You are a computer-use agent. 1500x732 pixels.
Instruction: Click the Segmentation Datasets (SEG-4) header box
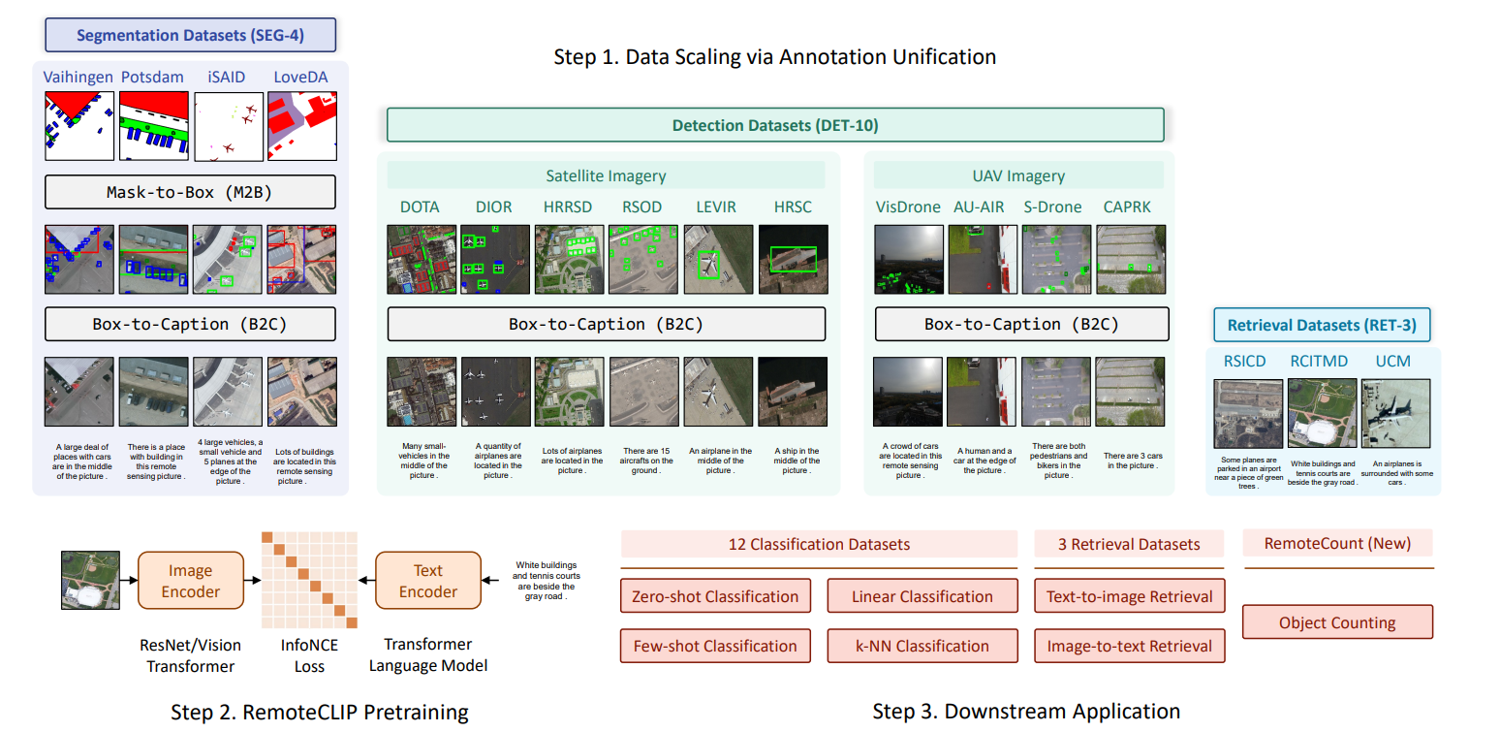[x=190, y=36]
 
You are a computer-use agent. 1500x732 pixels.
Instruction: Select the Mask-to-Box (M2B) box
[x=190, y=192]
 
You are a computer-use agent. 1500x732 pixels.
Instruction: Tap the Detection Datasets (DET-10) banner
[x=775, y=125]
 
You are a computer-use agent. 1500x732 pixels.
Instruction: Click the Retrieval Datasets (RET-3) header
[x=1322, y=326]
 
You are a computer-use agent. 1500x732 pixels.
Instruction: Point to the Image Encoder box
[x=191, y=581]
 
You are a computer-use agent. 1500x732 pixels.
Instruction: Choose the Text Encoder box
[x=428, y=581]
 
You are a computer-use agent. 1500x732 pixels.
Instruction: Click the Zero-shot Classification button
[x=715, y=596]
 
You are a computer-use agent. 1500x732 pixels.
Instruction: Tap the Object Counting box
[x=1337, y=622]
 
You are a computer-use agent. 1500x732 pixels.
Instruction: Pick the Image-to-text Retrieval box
[x=1129, y=646]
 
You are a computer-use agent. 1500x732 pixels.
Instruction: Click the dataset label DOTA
[x=420, y=207]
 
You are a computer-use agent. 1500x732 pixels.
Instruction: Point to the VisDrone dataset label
[x=908, y=207]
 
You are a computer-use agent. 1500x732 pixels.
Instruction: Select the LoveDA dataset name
[x=300, y=77]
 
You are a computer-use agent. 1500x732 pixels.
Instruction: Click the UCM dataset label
[x=1393, y=361]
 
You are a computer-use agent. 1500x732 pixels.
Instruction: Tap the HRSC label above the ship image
[x=793, y=207]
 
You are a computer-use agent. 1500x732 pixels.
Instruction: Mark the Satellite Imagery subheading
[x=605, y=175]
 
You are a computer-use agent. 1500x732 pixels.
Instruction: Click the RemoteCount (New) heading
[x=1337, y=544]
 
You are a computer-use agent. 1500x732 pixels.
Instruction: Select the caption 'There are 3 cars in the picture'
[x=1133, y=461]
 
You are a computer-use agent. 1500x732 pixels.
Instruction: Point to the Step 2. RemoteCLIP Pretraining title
[x=320, y=713]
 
